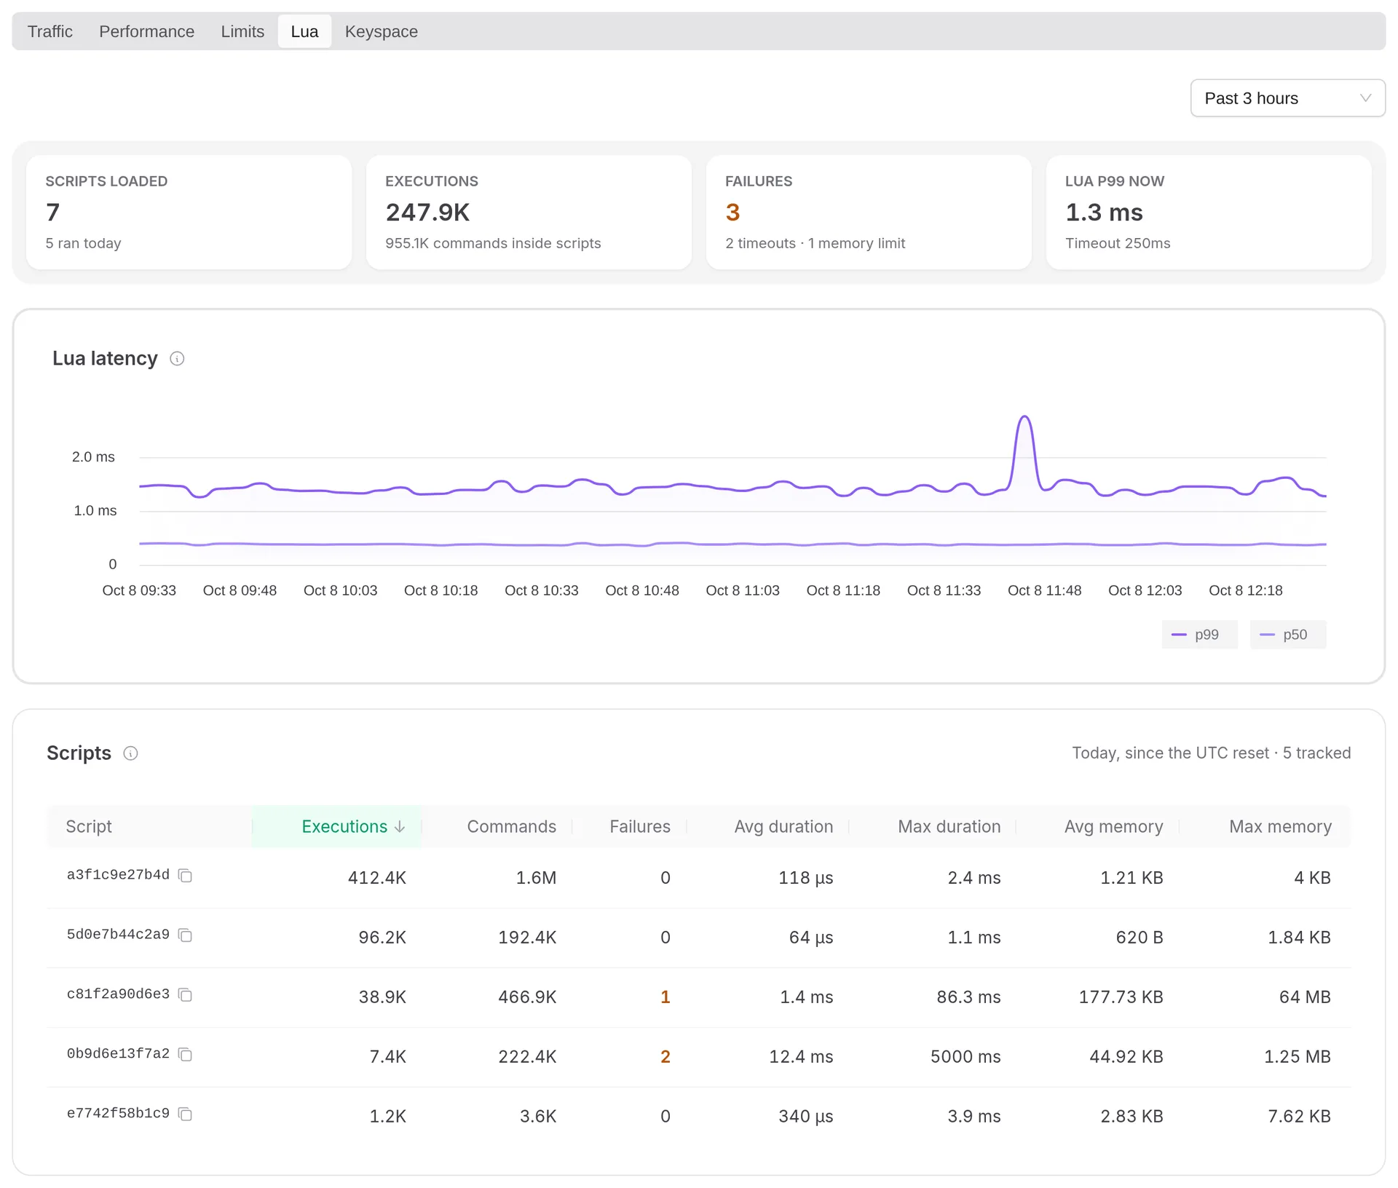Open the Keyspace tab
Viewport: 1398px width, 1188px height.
click(381, 31)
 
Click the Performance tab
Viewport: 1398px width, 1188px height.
click(146, 31)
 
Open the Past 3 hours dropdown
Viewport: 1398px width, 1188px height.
click(1287, 98)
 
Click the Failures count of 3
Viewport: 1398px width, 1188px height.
click(732, 213)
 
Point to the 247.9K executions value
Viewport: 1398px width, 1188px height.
click(427, 213)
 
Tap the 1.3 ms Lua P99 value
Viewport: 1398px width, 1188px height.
click(1104, 213)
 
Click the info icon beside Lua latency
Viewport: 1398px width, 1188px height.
click(177, 359)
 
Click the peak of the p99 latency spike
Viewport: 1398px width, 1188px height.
click(1024, 416)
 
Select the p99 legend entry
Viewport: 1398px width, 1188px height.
click(1199, 635)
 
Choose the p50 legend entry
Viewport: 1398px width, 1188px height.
click(1287, 635)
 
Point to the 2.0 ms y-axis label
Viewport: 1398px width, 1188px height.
click(93, 457)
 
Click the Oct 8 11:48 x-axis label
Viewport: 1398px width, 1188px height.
click(1044, 590)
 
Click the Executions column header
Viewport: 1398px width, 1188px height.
click(353, 826)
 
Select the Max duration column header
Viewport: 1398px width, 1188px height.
click(949, 826)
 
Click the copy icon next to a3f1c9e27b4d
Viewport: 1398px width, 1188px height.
click(186, 876)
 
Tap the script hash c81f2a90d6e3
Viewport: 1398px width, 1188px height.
click(118, 994)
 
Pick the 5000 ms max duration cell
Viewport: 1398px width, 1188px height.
click(965, 1057)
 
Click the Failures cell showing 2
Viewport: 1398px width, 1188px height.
click(665, 1057)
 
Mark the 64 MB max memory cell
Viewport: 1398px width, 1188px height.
click(1305, 997)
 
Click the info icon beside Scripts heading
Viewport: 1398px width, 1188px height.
click(130, 753)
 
